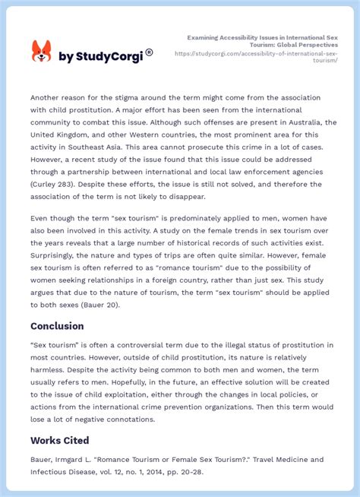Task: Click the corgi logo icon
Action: point(41,52)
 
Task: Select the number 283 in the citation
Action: point(71,185)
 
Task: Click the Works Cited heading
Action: point(60,440)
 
